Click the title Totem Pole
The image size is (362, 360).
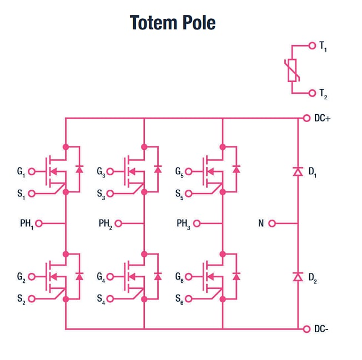[x=173, y=23]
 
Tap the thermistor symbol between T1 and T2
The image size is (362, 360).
[x=293, y=69]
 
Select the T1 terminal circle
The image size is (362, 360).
[x=312, y=46]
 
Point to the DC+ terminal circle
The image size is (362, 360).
[x=306, y=118]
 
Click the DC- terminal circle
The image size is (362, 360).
[x=306, y=329]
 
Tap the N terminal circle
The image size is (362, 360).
[x=271, y=224]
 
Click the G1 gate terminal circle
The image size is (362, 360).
[x=32, y=171]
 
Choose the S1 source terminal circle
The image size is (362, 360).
[x=32, y=194]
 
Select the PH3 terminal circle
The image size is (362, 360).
[x=196, y=224]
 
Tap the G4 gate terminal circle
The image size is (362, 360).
[x=110, y=276]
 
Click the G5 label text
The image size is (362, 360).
[x=179, y=172]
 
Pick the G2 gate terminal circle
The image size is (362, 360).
[x=32, y=276]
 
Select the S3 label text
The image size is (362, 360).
[x=100, y=194]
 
